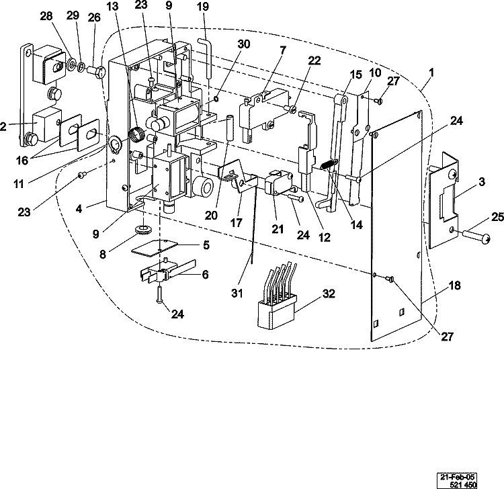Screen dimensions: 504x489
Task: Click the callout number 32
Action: pyautogui.click(x=329, y=294)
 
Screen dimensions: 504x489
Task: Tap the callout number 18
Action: pyautogui.click(x=454, y=285)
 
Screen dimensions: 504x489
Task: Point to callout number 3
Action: pyautogui.click(x=482, y=182)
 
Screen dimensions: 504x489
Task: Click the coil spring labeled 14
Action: pyautogui.click(x=328, y=165)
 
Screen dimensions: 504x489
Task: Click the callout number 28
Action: pyautogui.click(x=46, y=15)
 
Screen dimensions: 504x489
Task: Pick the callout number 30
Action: pyautogui.click(x=244, y=44)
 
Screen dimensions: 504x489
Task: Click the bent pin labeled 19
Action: pyautogui.click(x=205, y=58)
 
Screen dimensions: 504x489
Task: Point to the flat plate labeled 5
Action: pyautogui.click(x=155, y=247)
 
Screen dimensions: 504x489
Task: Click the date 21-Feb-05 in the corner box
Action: pyautogui.click(x=457, y=477)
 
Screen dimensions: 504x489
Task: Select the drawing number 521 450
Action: pyautogui.click(x=463, y=484)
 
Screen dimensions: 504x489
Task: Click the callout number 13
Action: pyautogui.click(x=112, y=7)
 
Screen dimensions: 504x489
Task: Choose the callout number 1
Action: pyautogui.click(x=431, y=73)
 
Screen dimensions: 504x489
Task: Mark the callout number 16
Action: pyautogui.click(x=22, y=160)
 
